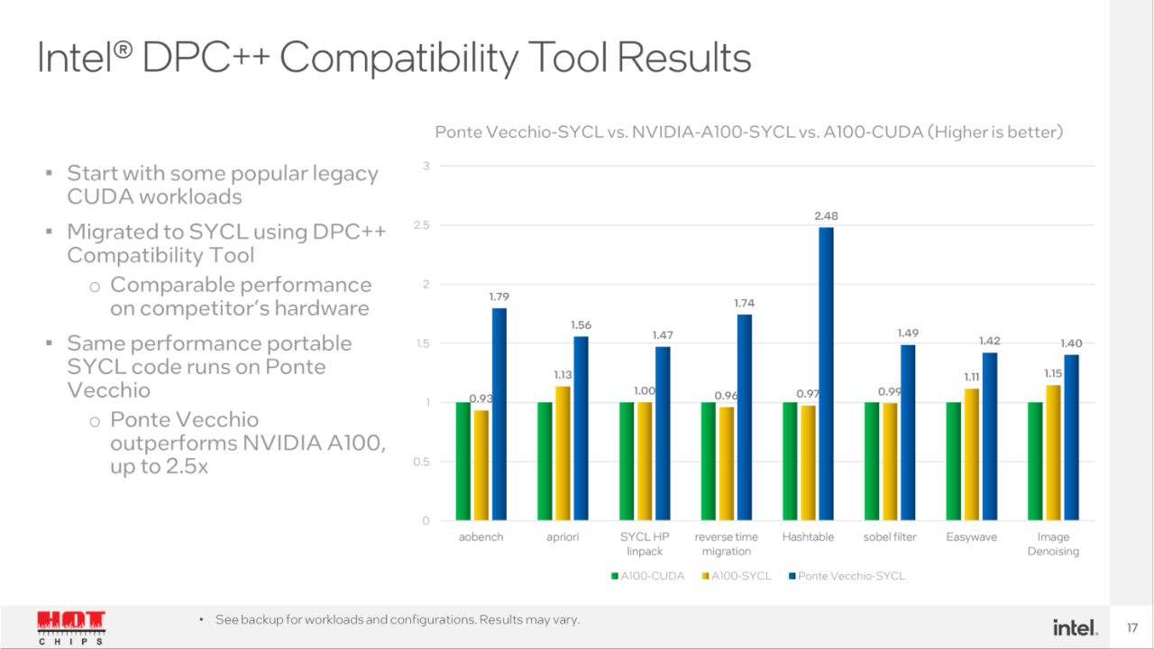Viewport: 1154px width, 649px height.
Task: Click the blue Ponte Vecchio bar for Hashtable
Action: [x=826, y=373]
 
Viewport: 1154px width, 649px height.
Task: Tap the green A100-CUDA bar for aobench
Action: [x=463, y=461]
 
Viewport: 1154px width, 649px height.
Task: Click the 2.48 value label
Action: [x=826, y=216]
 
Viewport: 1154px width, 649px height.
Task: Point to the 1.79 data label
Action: [x=499, y=297]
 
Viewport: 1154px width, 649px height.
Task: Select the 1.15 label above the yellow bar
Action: [x=1053, y=373]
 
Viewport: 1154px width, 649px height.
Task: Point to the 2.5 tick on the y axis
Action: [x=421, y=225]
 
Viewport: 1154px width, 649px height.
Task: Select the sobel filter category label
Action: [x=889, y=537]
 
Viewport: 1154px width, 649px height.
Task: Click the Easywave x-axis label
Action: [x=971, y=537]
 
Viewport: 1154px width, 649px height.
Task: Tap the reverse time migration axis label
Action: [x=726, y=544]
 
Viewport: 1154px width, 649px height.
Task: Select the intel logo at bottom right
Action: [x=1075, y=626]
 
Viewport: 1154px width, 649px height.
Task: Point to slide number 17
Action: [x=1132, y=626]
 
